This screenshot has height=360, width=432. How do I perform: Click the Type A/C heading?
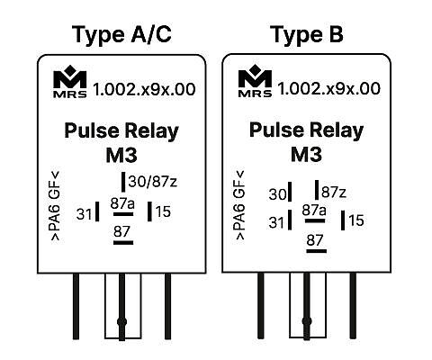pos(121,35)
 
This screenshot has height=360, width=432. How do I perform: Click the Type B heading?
pos(306,35)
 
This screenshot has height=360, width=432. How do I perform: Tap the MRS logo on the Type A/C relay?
pos(70,82)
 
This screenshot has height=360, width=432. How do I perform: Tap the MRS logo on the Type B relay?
pos(256,81)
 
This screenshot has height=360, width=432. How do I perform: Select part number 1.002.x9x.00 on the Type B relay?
pos(328,88)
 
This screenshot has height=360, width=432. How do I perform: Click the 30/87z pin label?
pos(153,182)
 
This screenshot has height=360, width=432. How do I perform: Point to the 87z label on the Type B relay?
pos(334,192)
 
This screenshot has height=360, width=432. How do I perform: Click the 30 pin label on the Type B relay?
pos(277,194)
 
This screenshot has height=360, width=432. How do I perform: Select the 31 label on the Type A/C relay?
pos(84,214)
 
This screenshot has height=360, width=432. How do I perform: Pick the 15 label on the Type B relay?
pos(356,220)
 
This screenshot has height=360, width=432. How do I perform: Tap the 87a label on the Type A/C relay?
pos(122,203)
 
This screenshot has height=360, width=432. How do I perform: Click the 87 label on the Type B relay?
pos(315,240)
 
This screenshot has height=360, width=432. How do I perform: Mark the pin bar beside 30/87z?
pos(123,182)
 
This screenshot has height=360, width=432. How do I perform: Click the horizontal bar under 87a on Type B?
pos(315,220)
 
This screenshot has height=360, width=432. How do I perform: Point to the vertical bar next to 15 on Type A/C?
pos(149,211)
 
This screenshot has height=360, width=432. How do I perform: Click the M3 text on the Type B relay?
pos(306,154)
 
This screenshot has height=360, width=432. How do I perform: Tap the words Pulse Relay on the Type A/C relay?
pos(121,131)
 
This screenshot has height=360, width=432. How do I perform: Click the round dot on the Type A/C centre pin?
pos(121,322)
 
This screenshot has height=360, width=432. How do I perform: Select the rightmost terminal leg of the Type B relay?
pos(353,306)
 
